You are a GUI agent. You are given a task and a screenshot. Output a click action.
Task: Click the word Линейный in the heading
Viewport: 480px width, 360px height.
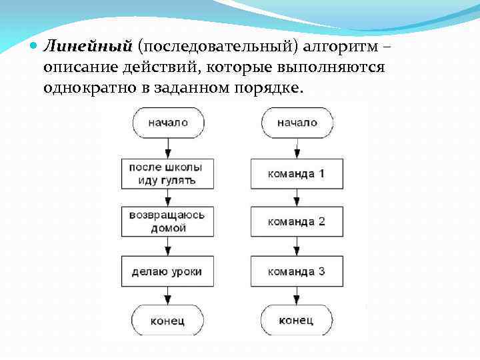tap(87, 46)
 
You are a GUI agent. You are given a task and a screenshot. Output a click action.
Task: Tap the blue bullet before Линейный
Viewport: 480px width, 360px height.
tap(34, 47)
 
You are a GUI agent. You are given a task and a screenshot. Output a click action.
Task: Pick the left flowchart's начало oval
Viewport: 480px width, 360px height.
tap(168, 123)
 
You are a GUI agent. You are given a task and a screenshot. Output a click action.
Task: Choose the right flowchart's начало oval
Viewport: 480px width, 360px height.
tap(297, 123)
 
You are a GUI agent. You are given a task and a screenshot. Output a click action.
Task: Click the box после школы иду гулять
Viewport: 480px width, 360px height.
tap(166, 173)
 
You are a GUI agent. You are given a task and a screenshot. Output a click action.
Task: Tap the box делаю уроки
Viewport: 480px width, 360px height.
tap(166, 271)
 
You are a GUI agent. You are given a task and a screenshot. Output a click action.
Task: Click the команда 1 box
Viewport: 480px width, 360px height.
tap(297, 173)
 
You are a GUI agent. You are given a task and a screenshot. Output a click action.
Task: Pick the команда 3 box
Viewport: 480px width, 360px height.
tap(297, 271)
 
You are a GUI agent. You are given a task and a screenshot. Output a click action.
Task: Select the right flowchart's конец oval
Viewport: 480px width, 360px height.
tap(297, 321)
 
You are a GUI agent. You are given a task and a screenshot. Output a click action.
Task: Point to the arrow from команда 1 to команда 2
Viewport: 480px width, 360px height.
tap(297, 198)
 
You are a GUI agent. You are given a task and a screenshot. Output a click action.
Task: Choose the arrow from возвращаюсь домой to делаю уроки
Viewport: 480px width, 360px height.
tap(167, 247)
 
